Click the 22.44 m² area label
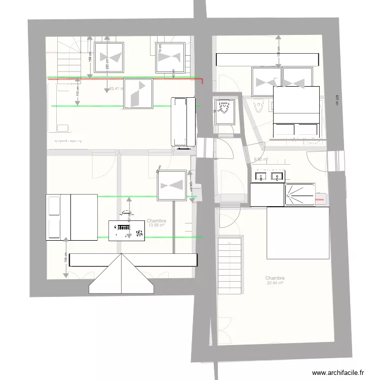pyautogui.click(x=275, y=283)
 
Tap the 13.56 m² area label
pyautogui.click(x=156, y=225)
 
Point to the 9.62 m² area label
pyautogui.click(x=260, y=160)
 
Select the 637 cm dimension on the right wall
pyautogui.click(x=337, y=101)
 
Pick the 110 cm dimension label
pyautogui.click(x=78, y=94)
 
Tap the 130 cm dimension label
pyautogui.click(x=278, y=51)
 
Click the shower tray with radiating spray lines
pyautogui.click(x=300, y=195)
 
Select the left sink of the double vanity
pyautogui.click(x=261, y=176)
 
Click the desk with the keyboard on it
pyautogui.click(x=122, y=231)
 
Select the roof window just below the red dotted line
pyautogui.click(x=138, y=94)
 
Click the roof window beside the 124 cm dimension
pyautogui.click(x=172, y=185)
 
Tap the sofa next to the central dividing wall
pyautogui.click(x=183, y=122)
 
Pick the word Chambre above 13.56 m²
pyautogui.click(x=156, y=221)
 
